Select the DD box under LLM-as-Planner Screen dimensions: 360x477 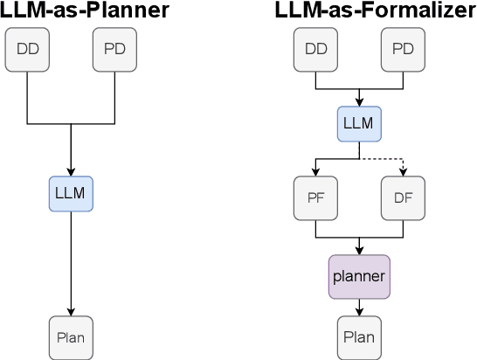27,49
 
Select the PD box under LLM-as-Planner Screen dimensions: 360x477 114,49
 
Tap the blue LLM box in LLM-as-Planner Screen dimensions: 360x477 71,193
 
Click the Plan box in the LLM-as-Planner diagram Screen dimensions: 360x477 71,337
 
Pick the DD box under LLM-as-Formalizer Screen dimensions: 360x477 315,49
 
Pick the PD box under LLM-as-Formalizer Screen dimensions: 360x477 403,49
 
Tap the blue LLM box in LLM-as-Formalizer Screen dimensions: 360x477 359,123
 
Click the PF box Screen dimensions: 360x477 315,197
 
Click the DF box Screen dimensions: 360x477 403,197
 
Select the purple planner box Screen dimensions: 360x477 359,276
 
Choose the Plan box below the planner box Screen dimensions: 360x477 359,337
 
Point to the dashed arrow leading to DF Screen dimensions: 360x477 384,159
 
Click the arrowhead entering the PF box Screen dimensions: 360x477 315,171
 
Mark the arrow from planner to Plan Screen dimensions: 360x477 359,306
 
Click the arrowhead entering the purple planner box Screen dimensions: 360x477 359,250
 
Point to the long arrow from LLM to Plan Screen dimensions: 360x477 71,262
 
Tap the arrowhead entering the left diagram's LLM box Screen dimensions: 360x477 71,171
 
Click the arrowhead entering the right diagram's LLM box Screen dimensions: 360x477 359,101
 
